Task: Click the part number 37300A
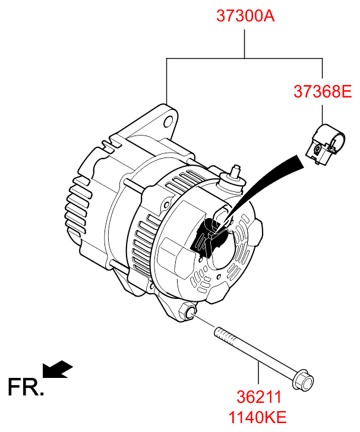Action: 245,16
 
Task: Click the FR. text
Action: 26,387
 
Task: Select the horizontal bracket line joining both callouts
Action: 245,58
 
